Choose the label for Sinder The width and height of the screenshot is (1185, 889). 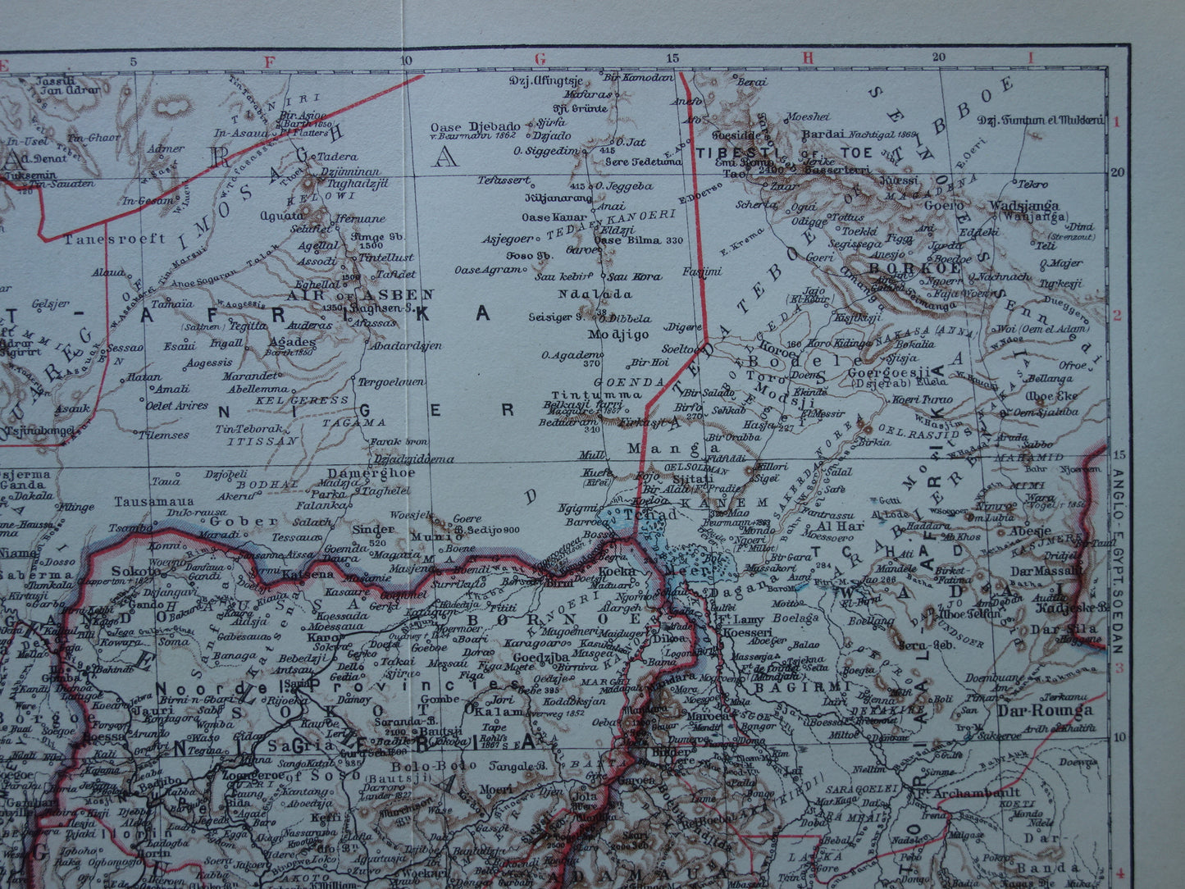[373, 529]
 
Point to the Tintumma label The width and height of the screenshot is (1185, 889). [585, 394]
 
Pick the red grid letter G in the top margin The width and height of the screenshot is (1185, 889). [539, 58]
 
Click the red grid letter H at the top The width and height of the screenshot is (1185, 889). [807, 58]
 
